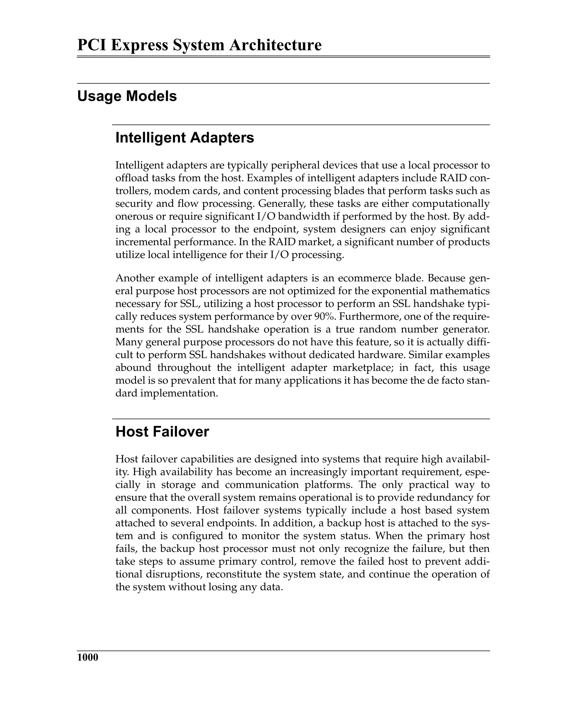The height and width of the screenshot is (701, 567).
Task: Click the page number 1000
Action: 87,657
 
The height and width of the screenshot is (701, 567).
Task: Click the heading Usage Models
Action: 127,96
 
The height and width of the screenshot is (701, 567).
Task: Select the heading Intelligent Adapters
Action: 185,138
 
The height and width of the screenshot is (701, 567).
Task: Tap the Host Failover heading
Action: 162,432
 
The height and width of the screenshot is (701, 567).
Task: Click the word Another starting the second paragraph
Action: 135,278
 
